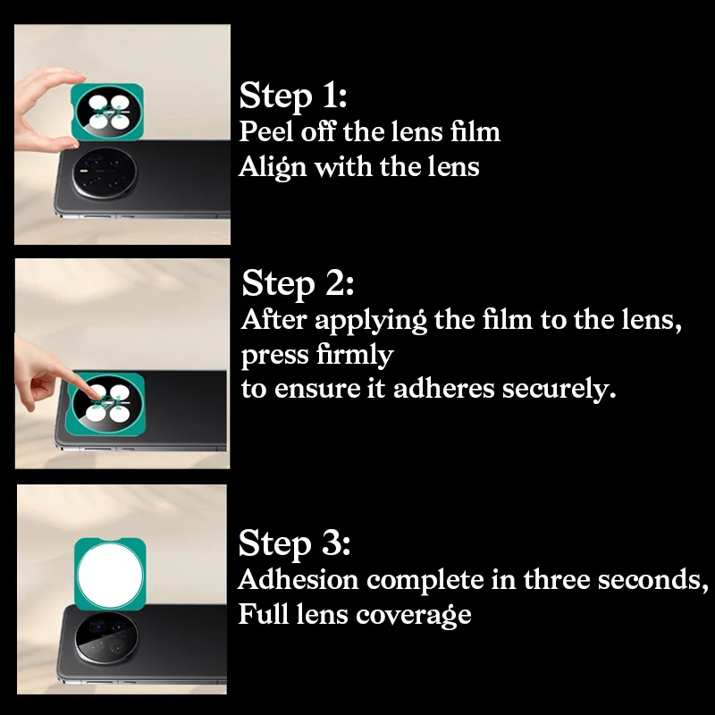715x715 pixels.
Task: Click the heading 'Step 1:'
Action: tap(293, 96)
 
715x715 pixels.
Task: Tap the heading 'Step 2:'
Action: tap(298, 283)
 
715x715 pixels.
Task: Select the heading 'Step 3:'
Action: tap(294, 543)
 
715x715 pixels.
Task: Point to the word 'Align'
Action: tap(273, 168)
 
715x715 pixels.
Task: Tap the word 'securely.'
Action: tap(559, 389)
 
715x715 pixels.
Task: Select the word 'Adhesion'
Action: tap(299, 579)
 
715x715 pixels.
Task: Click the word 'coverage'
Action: tap(413, 615)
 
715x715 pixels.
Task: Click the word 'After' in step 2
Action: tap(273, 319)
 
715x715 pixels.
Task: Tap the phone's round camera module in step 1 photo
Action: tap(105, 172)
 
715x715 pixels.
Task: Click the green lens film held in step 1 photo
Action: tap(107, 113)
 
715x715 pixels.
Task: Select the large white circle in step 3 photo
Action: tap(110, 576)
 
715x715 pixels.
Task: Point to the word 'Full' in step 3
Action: tap(263, 614)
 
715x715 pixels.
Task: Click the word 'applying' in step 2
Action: tap(371, 321)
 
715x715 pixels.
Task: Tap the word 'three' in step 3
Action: tap(556, 579)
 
